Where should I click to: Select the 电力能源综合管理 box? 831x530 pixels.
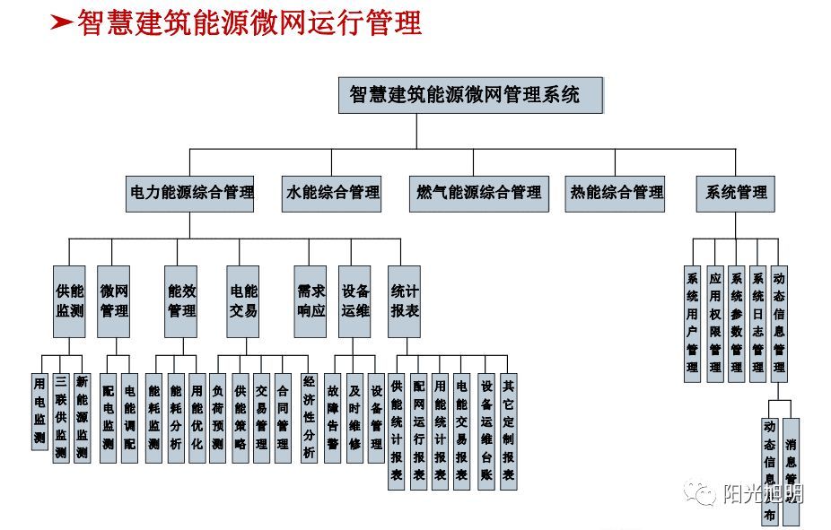click(x=190, y=193)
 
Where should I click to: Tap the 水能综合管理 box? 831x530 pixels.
click(x=332, y=193)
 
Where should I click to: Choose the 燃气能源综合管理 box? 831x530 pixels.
click(x=478, y=193)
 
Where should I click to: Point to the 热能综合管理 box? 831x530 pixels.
click(x=616, y=193)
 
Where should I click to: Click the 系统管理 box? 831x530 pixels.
click(x=735, y=193)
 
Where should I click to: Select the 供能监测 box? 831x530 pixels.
click(x=69, y=301)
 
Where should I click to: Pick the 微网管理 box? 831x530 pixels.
click(x=114, y=301)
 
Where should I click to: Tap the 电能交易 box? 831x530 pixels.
click(x=242, y=301)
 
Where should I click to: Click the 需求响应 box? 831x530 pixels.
click(x=311, y=301)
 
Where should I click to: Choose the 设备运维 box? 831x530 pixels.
click(x=354, y=301)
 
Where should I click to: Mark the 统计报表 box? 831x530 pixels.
click(x=404, y=301)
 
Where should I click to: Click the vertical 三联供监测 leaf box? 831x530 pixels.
click(x=60, y=417)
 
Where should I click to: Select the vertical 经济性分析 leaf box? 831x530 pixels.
click(x=309, y=417)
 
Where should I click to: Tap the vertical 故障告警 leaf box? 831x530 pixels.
click(x=332, y=417)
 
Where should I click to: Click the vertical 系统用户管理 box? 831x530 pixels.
click(x=692, y=323)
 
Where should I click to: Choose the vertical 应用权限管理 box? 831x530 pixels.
click(x=714, y=323)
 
